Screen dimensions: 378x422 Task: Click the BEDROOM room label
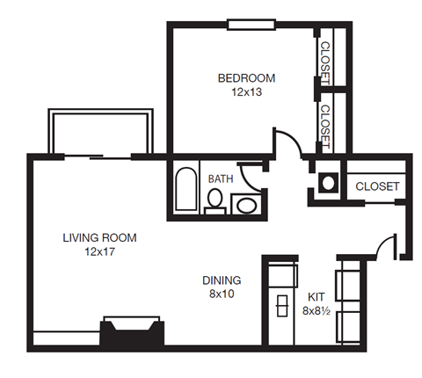tap(247, 77)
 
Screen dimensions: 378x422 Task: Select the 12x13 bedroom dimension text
tap(247, 91)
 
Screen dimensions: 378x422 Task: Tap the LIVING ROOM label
tap(99, 237)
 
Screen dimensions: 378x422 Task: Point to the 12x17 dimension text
tap(99, 251)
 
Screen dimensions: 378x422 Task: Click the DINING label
tap(221, 280)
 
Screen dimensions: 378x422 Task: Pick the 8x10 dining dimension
tap(221, 294)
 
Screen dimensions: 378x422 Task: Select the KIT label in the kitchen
tap(315, 296)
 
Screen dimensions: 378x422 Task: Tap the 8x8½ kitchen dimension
tap(318, 310)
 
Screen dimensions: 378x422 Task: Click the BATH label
tap(220, 178)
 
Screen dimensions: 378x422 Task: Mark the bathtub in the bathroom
tap(186, 188)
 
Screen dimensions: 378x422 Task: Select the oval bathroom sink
tap(245, 206)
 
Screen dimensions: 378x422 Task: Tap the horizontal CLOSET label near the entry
tap(377, 187)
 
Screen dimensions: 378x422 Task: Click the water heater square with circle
tap(327, 183)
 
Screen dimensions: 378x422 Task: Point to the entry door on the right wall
tap(388, 246)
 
